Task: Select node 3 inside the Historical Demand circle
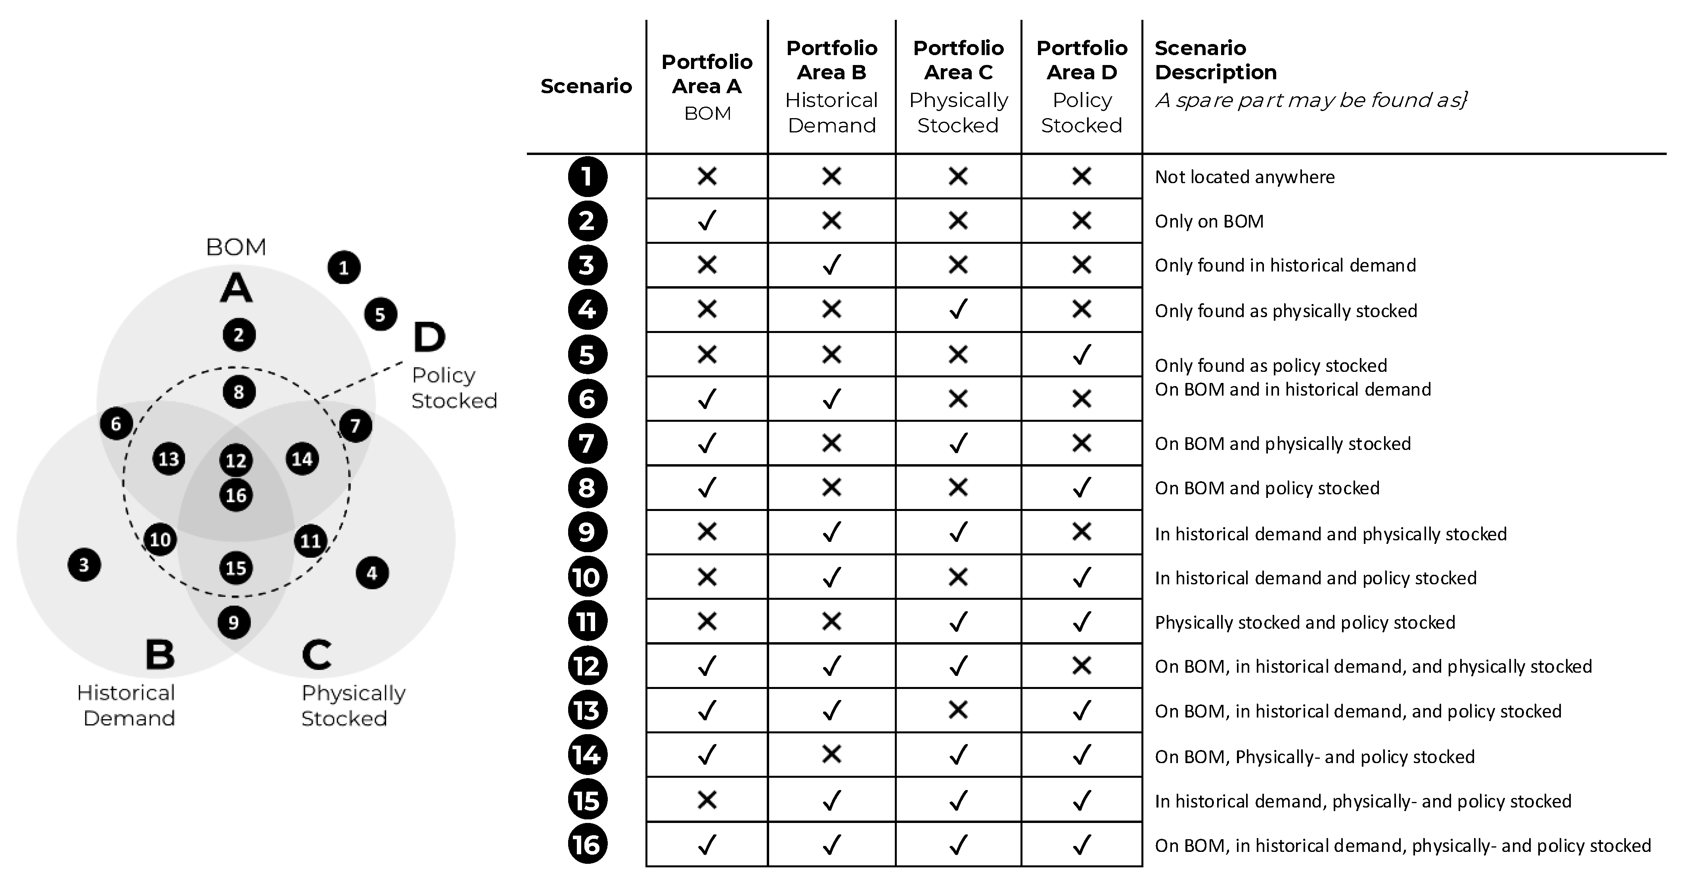point(84,565)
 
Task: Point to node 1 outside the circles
point(344,268)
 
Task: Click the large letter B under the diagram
point(160,654)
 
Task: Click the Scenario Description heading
point(1215,60)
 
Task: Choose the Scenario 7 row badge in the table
point(587,444)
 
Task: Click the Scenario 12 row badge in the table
point(587,666)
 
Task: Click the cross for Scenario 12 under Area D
point(1081,666)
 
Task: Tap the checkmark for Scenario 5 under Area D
point(1081,355)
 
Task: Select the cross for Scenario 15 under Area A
point(707,800)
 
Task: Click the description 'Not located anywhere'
point(1244,177)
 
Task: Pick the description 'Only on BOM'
point(1208,221)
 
